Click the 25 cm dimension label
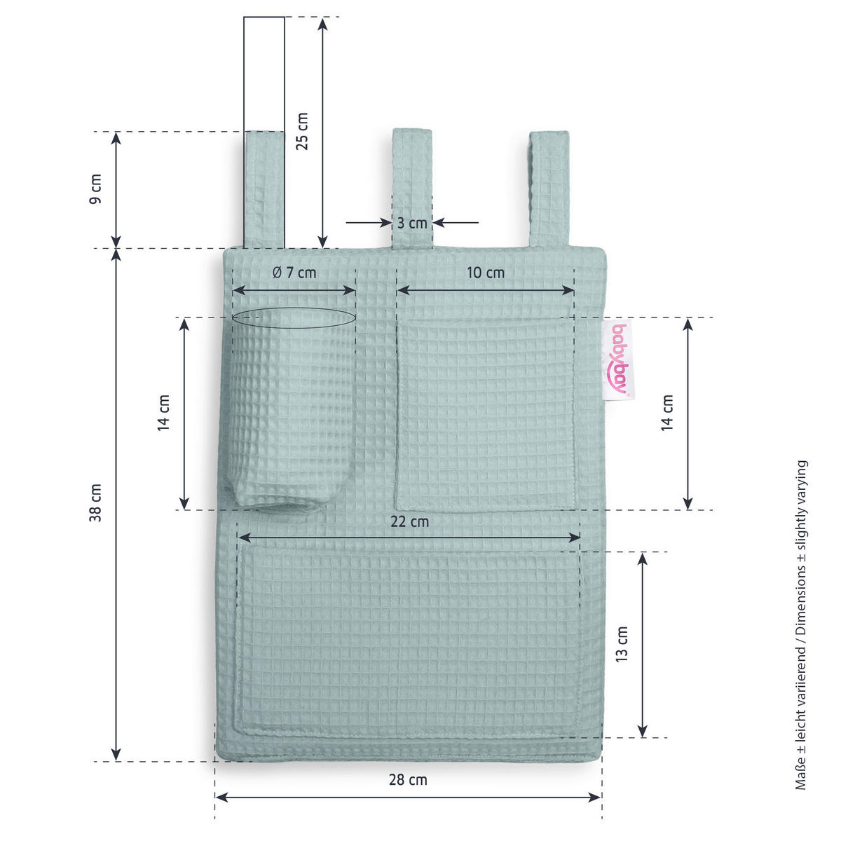point(302,131)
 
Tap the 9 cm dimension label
point(95,189)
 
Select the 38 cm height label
point(95,502)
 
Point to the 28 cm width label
point(408,779)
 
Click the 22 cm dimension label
point(409,521)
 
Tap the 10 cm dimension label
point(485,273)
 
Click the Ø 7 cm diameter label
point(294,273)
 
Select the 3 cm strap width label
point(411,223)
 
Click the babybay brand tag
point(618,360)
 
